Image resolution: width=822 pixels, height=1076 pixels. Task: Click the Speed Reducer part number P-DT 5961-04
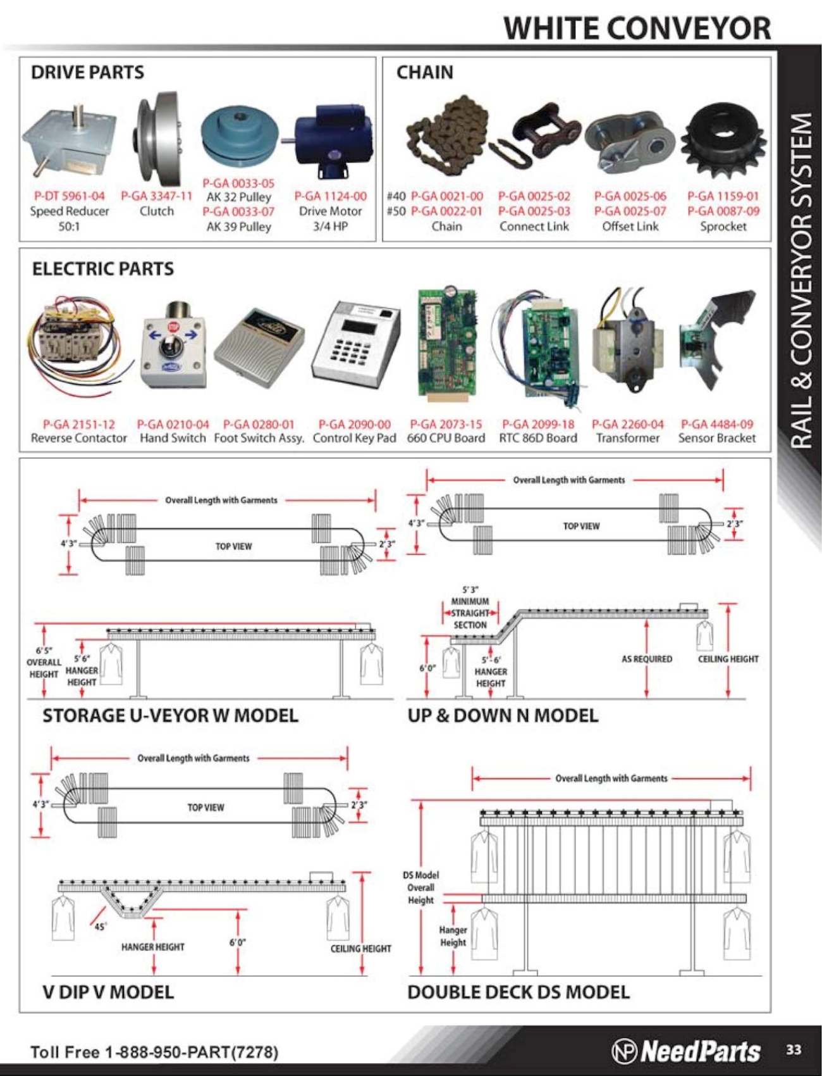pyautogui.click(x=70, y=196)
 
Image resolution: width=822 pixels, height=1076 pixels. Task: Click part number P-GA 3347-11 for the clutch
pyautogui.click(x=156, y=196)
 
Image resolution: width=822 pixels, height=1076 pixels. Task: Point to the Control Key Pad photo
pyautogui.click(x=355, y=345)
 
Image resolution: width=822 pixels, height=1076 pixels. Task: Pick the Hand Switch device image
pyautogui.click(x=172, y=345)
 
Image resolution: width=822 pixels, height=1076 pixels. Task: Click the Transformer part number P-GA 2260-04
pyautogui.click(x=627, y=424)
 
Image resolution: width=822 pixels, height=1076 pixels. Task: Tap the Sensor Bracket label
pyautogui.click(x=716, y=438)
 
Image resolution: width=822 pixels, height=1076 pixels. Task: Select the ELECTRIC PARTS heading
pyautogui.click(x=102, y=269)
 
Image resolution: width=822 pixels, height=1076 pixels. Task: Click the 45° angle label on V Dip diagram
pyautogui.click(x=100, y=926)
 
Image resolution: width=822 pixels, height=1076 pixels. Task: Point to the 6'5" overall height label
pyautogui.click(x=44, y=662)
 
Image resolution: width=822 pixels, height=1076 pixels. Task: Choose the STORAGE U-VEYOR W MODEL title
pyautogui.click(x=170, y=716)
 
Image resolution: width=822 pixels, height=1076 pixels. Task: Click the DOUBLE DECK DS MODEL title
pyautogui.click(x=518, y=992)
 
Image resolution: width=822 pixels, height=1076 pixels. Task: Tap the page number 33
pyautogui.click(x=793, y=1049)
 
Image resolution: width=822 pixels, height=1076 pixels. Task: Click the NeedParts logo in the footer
pyautogui.click(x=686, y=1051)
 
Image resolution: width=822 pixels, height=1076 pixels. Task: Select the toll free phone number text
pyautogui.click(x=154, y=1052)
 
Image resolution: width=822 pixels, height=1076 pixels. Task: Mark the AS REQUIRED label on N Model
pyautogui.click(x=646, y=659)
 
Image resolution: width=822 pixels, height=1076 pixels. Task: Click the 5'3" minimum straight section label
pyautogui.click(x=470, y=607)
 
